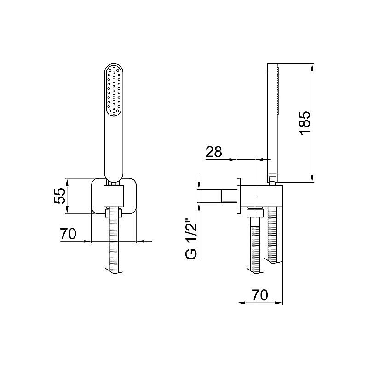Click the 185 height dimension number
click(x=306, y=122)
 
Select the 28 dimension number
click(x=213, y=152)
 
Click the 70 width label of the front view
click(x=68, y=234)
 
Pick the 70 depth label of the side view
click(x=260, y=295)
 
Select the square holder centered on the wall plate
click(x=114, y=197)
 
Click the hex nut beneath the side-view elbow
click(x=254, y=213)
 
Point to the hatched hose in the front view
click(x=114, y=244)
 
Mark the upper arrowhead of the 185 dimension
click(x=313, y=68)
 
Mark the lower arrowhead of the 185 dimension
click(x=313, y=179)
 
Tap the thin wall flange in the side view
click(x=239, y=195)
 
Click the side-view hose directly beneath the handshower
click(x=273, y=235)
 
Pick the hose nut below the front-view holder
click(x=114, y=213)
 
